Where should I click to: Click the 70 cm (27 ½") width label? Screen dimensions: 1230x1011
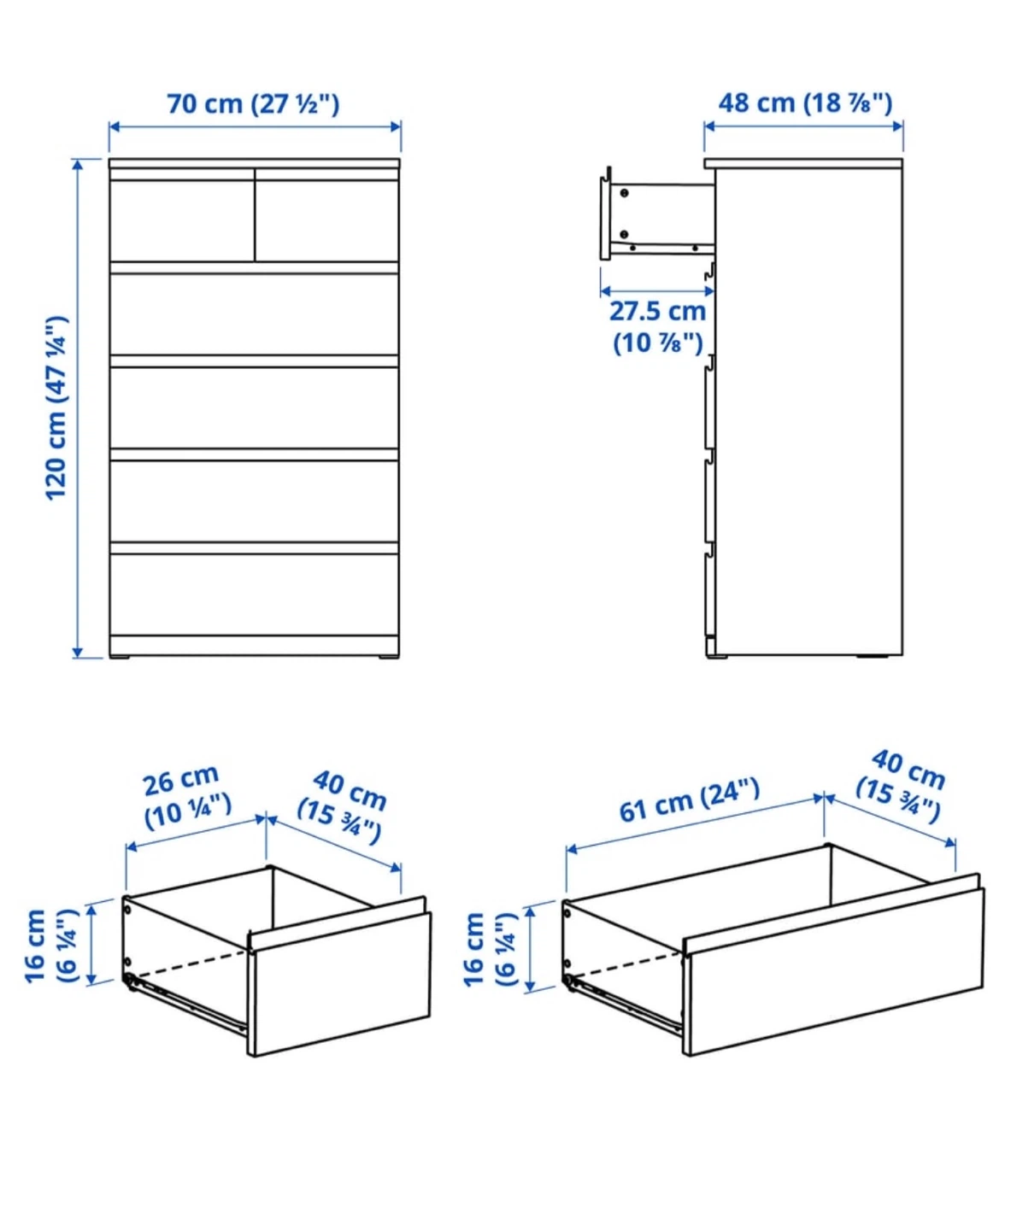pos(253,104)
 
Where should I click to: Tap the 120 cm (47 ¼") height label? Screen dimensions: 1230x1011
pos(56,408)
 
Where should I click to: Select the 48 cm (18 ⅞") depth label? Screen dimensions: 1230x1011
pos(805,103)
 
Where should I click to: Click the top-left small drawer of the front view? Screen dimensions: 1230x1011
pos(182,219)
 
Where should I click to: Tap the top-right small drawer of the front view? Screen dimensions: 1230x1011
pos(327,219)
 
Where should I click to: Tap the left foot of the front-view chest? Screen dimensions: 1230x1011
pos(120,657)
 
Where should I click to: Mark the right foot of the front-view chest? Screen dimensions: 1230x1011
pos(387,657)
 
